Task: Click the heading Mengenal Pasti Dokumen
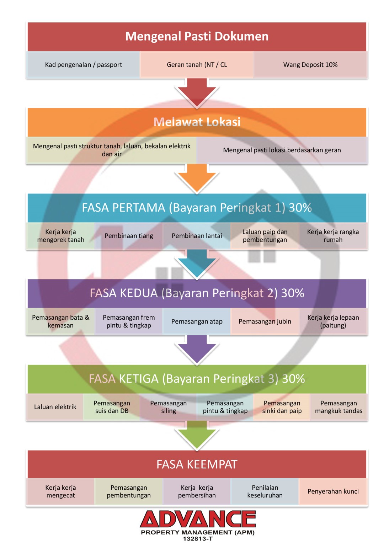tap(197, 36)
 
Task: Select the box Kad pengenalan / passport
tap(83, 65)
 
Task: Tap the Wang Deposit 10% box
tap(310, 65)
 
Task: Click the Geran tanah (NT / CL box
tap(197, 65)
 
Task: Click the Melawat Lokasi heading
tap(197, 122)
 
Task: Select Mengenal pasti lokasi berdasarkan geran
tap(282, 150)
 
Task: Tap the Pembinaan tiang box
tap(129, 236)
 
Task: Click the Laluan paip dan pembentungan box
tap(265, 236)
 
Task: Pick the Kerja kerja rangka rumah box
tap(333, 236)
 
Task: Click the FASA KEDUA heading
tap(197, 293)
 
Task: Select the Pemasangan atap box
tap(197, 321)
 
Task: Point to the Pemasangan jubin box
tap(265, 321)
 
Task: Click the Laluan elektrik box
tap(55, 407)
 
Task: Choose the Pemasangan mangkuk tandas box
tap(338, 407)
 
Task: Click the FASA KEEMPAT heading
tap(197, 464)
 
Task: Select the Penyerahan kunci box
tap(333, 491)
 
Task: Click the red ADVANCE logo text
tap(198, 519)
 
